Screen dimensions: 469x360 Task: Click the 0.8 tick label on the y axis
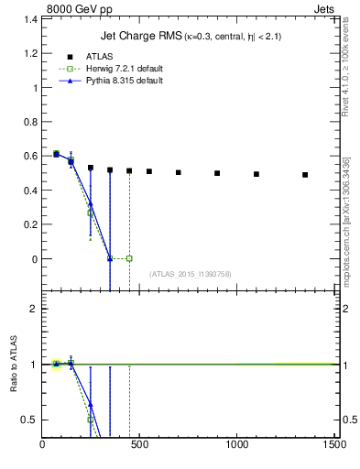pos(28,122)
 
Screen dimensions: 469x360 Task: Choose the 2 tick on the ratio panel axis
pos(34,309)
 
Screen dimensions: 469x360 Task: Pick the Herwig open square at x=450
pos(129,258)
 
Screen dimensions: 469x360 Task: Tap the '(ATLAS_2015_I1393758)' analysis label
pos(189,273)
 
